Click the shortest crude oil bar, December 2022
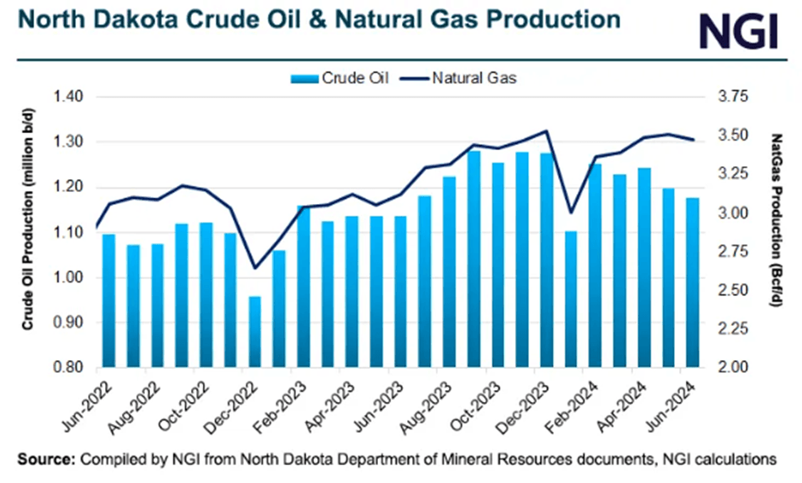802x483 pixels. point(254,333)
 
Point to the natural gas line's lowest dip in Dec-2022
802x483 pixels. point(254,268)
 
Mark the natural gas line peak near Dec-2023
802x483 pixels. point(546,131)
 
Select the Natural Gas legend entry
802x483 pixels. point(461,79)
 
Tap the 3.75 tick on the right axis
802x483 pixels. point(732,97)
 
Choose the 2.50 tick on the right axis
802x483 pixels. point(732,291)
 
